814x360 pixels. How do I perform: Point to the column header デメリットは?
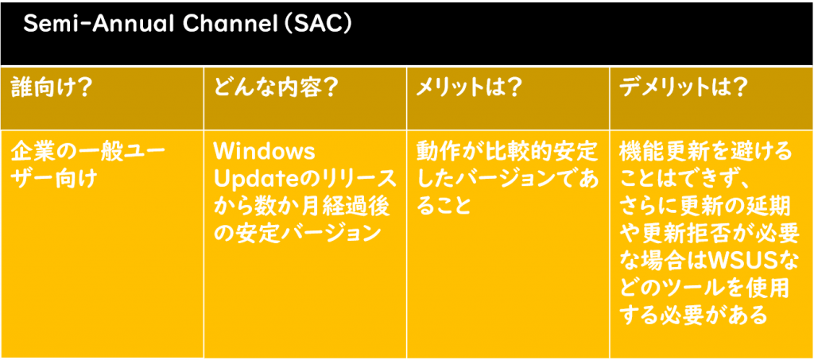pyautogui.click(x=684, y=89)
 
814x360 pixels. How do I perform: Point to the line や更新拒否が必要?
pyautogui.click(x=710, y=234)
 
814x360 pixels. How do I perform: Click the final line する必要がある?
pyautogui.click(x=693, y=315)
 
